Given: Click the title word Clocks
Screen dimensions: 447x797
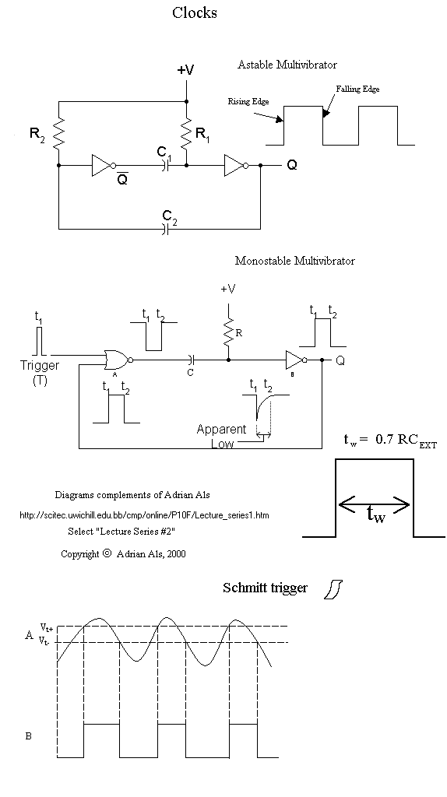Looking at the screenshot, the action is [x=194, y=12].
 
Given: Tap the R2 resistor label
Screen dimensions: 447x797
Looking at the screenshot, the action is [x=37, y=135].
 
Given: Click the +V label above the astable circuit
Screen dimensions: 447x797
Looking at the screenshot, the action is [x=185, y=69].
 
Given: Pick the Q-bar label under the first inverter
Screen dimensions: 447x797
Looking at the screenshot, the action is [x=122, y=178].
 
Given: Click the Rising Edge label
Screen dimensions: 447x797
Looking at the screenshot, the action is [x=248, y=101].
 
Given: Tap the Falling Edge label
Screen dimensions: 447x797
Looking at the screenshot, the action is [x=357, y=89].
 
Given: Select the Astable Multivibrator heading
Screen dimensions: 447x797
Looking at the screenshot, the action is [x=287, y=65].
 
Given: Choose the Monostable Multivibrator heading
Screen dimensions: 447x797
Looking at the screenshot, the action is [x=295, y=261].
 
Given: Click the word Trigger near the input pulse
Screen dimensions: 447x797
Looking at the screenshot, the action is [x=40, y=365].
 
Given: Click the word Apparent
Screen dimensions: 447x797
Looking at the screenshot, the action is [x=221, y=430].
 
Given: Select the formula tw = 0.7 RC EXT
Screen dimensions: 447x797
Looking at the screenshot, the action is [x=390, y=441].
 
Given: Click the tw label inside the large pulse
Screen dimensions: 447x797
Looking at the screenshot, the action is [x=376, y=515].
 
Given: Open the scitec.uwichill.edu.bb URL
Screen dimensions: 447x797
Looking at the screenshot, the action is [x=144, y=515].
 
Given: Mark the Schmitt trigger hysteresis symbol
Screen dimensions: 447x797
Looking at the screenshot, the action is [x=333, y=588].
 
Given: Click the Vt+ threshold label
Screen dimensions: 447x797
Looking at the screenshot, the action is [x=46, y=628].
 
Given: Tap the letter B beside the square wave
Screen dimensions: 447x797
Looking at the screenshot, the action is [x=29, y=736].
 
